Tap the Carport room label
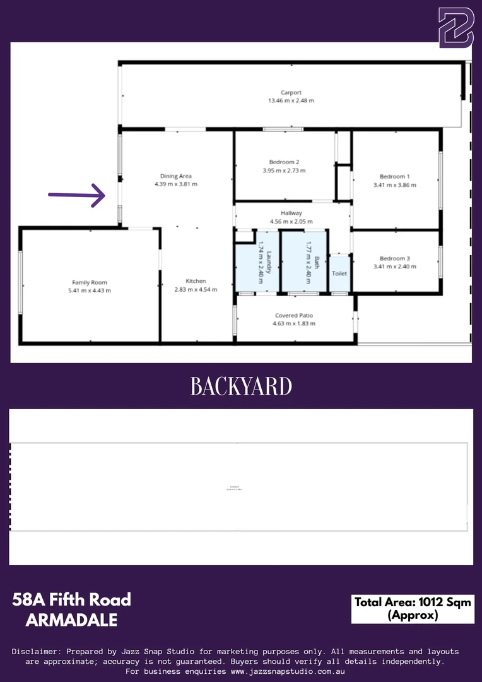point(291,93)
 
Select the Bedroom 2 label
point(284,162)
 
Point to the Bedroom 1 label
point(394,176)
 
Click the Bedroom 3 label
point(394,258)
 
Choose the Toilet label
point(339,273)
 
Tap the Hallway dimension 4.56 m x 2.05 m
point(291,222)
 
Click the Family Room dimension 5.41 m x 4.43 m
point(89,290)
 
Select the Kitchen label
point(196,281)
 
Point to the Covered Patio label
point(294,315)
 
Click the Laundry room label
point(268,261)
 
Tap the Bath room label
point(317,261)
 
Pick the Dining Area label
point(176,176)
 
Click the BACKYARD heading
point(241,386)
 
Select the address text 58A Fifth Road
point(72,599)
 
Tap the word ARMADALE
point(72,620)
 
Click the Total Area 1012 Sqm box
point(413,608)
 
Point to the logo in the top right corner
point(456,28)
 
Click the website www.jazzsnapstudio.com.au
point(287,671)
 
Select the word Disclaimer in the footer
point(38,651)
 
